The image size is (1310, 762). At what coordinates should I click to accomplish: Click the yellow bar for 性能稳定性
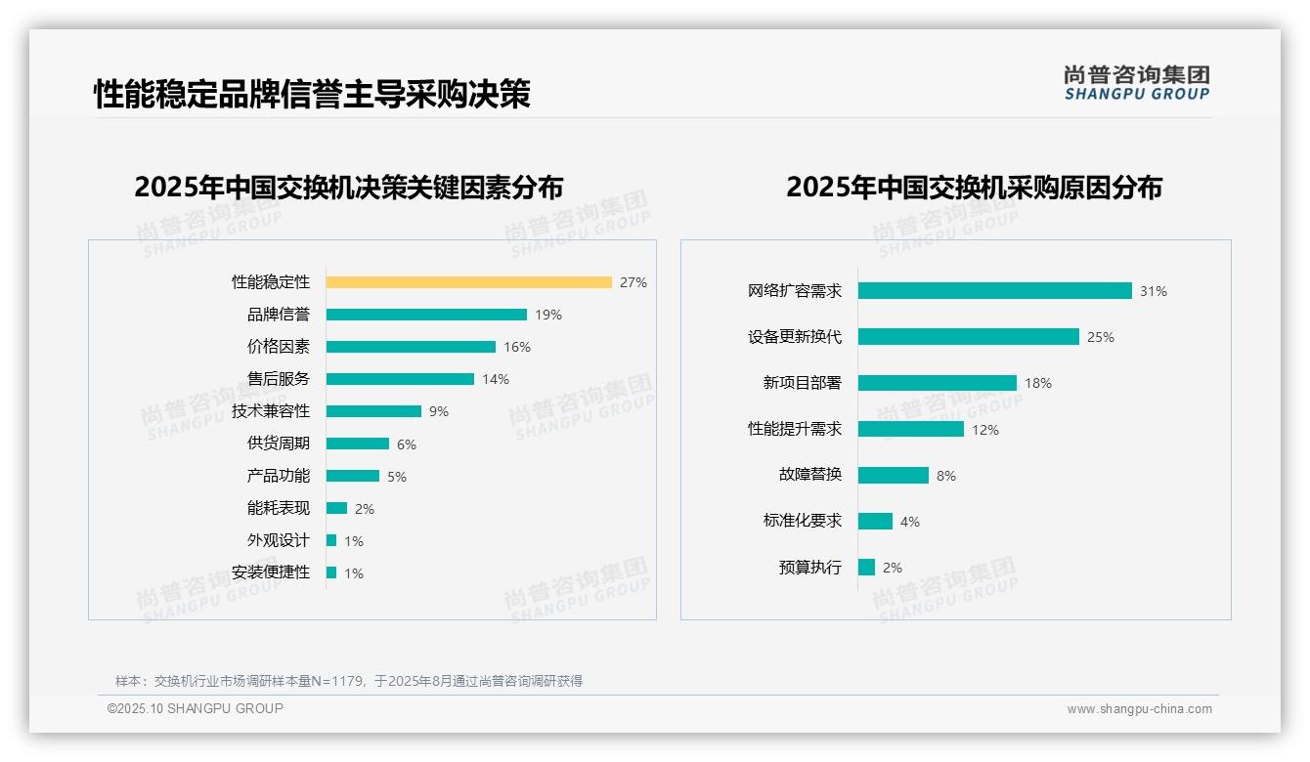468,282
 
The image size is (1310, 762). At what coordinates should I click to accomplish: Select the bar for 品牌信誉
426,315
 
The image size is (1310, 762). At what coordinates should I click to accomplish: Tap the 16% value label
517,347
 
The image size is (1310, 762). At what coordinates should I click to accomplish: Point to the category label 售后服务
278,379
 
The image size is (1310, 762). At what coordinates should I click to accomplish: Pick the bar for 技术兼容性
373,411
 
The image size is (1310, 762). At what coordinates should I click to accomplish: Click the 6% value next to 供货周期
407,444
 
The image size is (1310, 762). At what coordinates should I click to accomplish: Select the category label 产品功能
278,476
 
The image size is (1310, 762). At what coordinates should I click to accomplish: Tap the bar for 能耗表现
336,508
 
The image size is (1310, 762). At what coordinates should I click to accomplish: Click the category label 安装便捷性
270,572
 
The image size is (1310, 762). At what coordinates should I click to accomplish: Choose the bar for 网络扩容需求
994,290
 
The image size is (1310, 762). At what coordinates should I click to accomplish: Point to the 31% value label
1154,291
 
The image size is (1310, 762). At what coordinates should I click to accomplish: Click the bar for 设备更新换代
968,336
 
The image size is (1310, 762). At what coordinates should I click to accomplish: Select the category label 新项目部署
802,383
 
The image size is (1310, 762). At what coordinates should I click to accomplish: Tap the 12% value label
985,430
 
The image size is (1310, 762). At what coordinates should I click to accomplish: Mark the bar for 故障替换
893,475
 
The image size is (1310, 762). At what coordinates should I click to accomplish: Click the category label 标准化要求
802,521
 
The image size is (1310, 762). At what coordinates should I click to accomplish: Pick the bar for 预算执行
866,567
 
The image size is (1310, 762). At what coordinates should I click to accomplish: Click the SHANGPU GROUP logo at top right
1136,83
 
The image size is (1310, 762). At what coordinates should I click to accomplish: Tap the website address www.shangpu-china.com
1139,709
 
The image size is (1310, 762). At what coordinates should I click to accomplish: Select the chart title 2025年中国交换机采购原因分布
974,188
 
